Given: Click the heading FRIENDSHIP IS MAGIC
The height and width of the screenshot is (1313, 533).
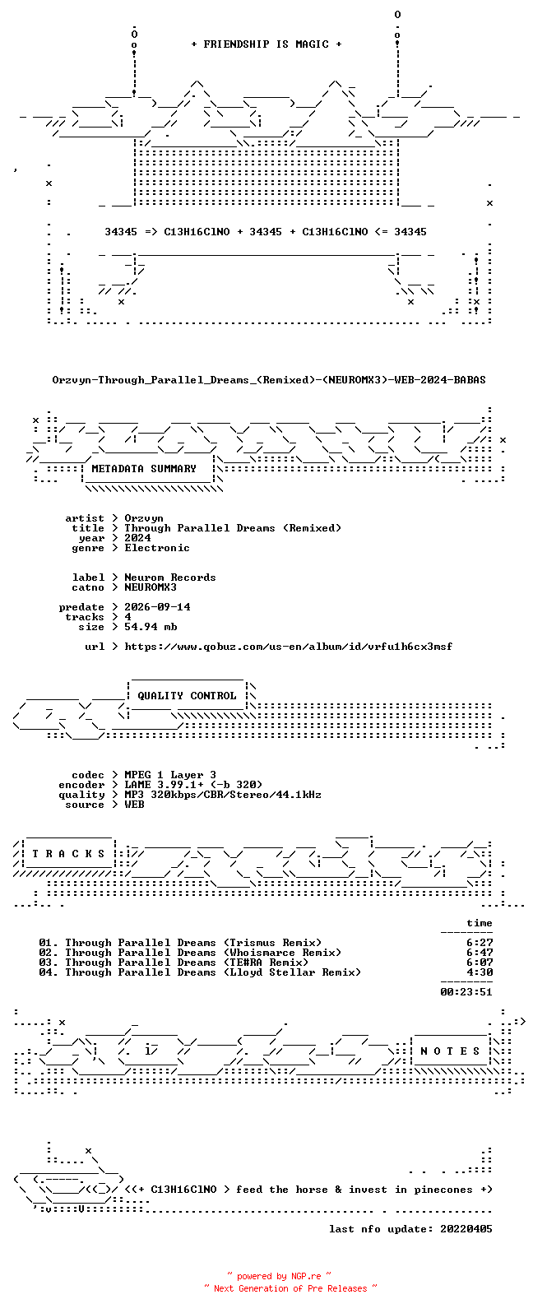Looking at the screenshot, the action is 266,44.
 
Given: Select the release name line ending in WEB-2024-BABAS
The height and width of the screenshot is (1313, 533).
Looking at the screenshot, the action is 268,380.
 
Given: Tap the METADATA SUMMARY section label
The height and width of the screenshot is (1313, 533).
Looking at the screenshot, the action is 144,469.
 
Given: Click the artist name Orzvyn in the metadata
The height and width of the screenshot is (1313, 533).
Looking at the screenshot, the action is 144,518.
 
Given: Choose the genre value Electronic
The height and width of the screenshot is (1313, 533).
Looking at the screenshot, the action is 157,548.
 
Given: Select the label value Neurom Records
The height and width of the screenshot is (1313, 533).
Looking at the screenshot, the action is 170,578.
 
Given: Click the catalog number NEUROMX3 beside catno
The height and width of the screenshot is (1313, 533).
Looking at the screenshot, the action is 150,587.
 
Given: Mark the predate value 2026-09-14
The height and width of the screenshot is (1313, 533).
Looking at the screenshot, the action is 157,607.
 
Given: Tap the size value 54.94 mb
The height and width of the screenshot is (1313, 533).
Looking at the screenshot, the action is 151,627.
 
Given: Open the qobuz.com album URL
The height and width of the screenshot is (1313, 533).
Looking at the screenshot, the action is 289,647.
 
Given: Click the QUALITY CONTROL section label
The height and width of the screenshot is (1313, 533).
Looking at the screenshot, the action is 187,696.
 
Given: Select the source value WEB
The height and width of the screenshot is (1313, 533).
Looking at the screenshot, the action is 134,805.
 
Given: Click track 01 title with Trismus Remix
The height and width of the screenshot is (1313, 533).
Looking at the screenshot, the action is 193,943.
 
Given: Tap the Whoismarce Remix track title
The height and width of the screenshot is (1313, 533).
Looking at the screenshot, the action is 203,953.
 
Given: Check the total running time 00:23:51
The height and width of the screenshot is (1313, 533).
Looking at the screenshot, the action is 466,992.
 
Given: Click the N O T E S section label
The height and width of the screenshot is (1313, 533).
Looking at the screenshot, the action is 450,1051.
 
